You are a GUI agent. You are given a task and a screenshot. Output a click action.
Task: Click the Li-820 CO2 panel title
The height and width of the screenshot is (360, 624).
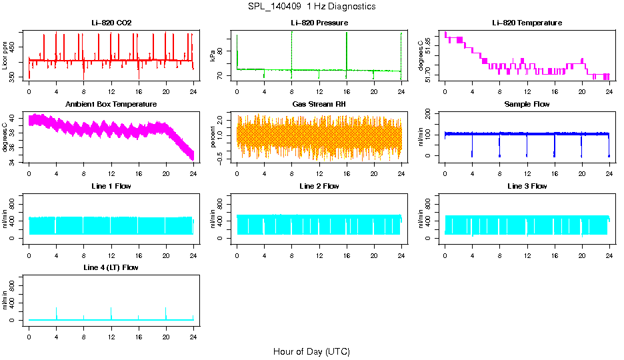tap(111, 23)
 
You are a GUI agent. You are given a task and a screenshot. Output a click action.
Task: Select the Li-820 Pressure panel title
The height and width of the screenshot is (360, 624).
tap(319, 23)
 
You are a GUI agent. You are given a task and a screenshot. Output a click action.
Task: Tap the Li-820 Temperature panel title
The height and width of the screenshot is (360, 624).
tap(527, 23)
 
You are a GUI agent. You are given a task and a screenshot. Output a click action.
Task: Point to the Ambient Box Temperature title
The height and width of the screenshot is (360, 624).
tap(111, 105)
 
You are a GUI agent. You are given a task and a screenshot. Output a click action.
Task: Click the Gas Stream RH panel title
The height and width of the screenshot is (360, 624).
tap(319, 105)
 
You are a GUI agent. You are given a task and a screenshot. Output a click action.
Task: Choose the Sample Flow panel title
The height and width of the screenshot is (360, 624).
tap(527, 105)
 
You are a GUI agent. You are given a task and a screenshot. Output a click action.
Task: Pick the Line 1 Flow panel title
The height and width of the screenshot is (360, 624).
tap(111, 186)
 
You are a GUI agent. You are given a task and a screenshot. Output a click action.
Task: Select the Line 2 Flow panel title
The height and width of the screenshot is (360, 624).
tap(319, 186)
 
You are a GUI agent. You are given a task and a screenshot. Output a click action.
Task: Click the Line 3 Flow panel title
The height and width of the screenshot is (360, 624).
tap(527, 186)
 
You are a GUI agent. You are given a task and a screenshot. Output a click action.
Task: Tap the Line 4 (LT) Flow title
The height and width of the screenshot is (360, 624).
tap(111, 267)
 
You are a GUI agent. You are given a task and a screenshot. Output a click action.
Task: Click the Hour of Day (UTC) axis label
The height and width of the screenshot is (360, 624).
tap(311, 351)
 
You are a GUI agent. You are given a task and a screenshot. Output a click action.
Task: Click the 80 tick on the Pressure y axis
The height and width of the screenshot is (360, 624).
tap(221, 51)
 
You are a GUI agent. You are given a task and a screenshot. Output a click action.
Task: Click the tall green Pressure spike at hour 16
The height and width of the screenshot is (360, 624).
tap(347, 47)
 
